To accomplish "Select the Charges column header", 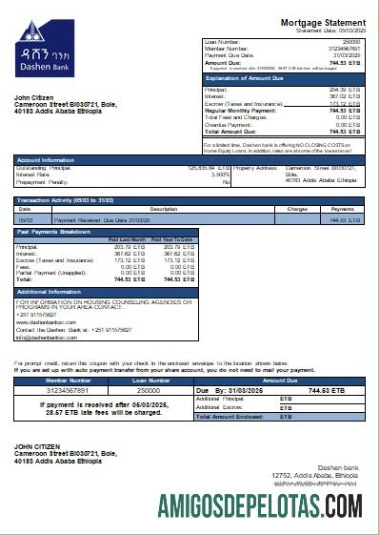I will pyautogui.click(x=296, y=208).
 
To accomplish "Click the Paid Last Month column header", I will pyautogui.click(x=127, y=239).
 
